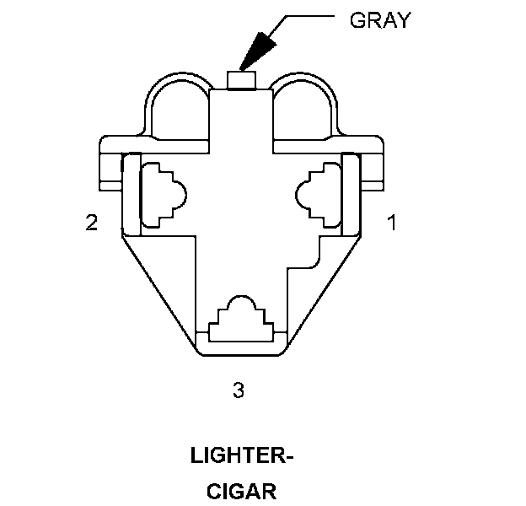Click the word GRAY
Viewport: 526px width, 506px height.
(380, 20)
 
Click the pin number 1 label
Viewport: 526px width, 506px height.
(391, 223)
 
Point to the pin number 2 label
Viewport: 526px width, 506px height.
(92, 223)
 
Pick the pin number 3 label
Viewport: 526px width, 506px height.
(239, 390)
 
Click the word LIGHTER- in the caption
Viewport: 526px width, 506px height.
(242, 458)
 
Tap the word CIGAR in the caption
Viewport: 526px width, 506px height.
(242, 491)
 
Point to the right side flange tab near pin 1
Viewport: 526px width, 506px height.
(374, 164)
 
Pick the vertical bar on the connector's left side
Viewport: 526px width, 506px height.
(131, 194)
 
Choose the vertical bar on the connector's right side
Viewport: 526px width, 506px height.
(351, 194)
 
